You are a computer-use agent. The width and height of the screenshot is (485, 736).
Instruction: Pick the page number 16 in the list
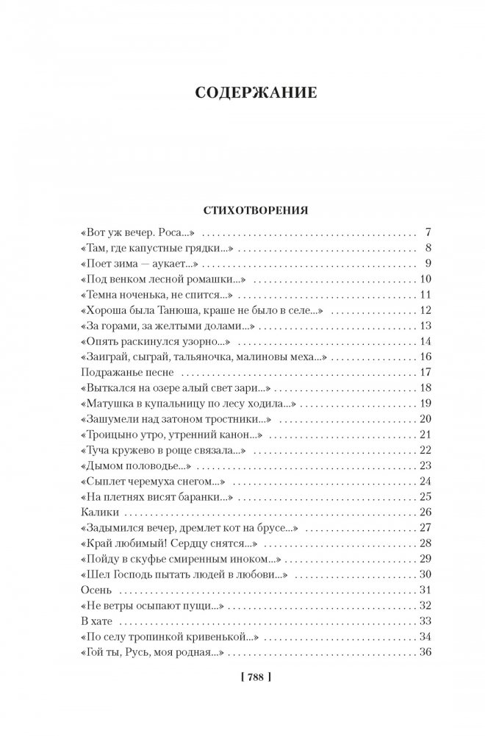pos(423,357)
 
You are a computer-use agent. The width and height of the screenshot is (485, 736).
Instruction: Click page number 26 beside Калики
pos(423,511)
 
